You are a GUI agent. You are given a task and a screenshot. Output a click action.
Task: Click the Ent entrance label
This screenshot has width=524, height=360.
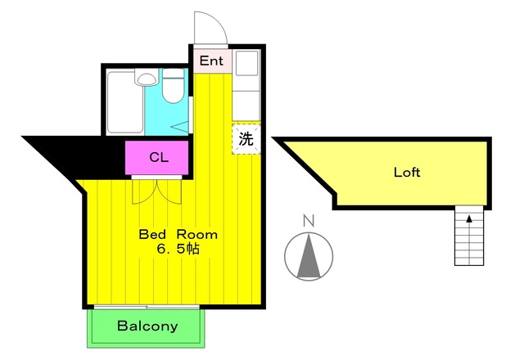click(211, 61)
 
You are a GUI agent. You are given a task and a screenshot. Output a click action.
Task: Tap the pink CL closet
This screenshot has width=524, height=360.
click(156, 158)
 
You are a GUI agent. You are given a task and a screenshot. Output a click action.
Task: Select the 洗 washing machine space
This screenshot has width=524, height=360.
click(246, 138)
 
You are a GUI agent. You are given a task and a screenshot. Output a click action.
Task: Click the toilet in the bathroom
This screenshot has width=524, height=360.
click(173, 85)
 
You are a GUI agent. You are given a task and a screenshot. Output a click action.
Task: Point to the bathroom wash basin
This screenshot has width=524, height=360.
click(147, 78)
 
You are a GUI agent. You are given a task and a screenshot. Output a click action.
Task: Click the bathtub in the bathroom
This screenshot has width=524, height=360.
click(125, 102)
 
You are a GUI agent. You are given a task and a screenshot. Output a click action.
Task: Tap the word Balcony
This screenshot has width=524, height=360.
click(147, 326)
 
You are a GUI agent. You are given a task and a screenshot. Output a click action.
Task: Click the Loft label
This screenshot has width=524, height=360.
click(407, 173)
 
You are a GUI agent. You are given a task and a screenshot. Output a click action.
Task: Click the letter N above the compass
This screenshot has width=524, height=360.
click(309, 221)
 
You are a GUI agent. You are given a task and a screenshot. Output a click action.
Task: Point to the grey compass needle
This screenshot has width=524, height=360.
click(309, 255)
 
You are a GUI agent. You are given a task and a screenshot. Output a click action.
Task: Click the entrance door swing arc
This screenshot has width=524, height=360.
click(211, 28)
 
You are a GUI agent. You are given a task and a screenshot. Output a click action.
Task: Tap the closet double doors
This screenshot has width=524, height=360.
click(156, 191)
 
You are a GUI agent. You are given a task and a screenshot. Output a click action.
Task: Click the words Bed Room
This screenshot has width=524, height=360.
click(178, 235)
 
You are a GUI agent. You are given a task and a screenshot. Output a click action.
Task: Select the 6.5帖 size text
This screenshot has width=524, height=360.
click(178, 249)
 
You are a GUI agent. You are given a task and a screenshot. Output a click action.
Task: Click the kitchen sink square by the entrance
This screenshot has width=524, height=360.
click(247, 63)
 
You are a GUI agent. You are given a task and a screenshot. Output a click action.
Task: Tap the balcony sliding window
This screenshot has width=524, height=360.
click(147, 307)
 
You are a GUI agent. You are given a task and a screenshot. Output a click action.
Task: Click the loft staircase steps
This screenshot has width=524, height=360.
click(469, 236)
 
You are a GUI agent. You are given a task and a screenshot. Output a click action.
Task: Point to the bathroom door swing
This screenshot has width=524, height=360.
click(181, 128)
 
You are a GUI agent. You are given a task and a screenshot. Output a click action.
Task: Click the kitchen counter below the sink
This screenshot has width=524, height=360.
click(246, 106)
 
